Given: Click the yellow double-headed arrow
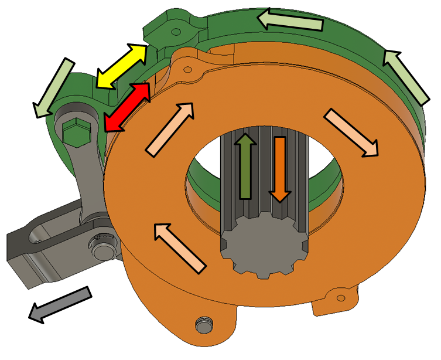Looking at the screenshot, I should tap(121, 66).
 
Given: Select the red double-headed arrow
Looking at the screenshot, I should tap(127, 107).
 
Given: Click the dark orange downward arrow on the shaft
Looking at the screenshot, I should tap(279, 170).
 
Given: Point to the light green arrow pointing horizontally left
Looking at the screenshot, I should tap(292, 21).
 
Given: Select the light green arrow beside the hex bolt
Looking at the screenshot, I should tap(54, 87).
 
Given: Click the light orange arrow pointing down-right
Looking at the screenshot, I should tap(351, 133).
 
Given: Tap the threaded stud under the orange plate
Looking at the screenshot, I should tap(203, 324).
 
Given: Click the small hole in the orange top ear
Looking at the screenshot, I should tap(187, 70).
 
